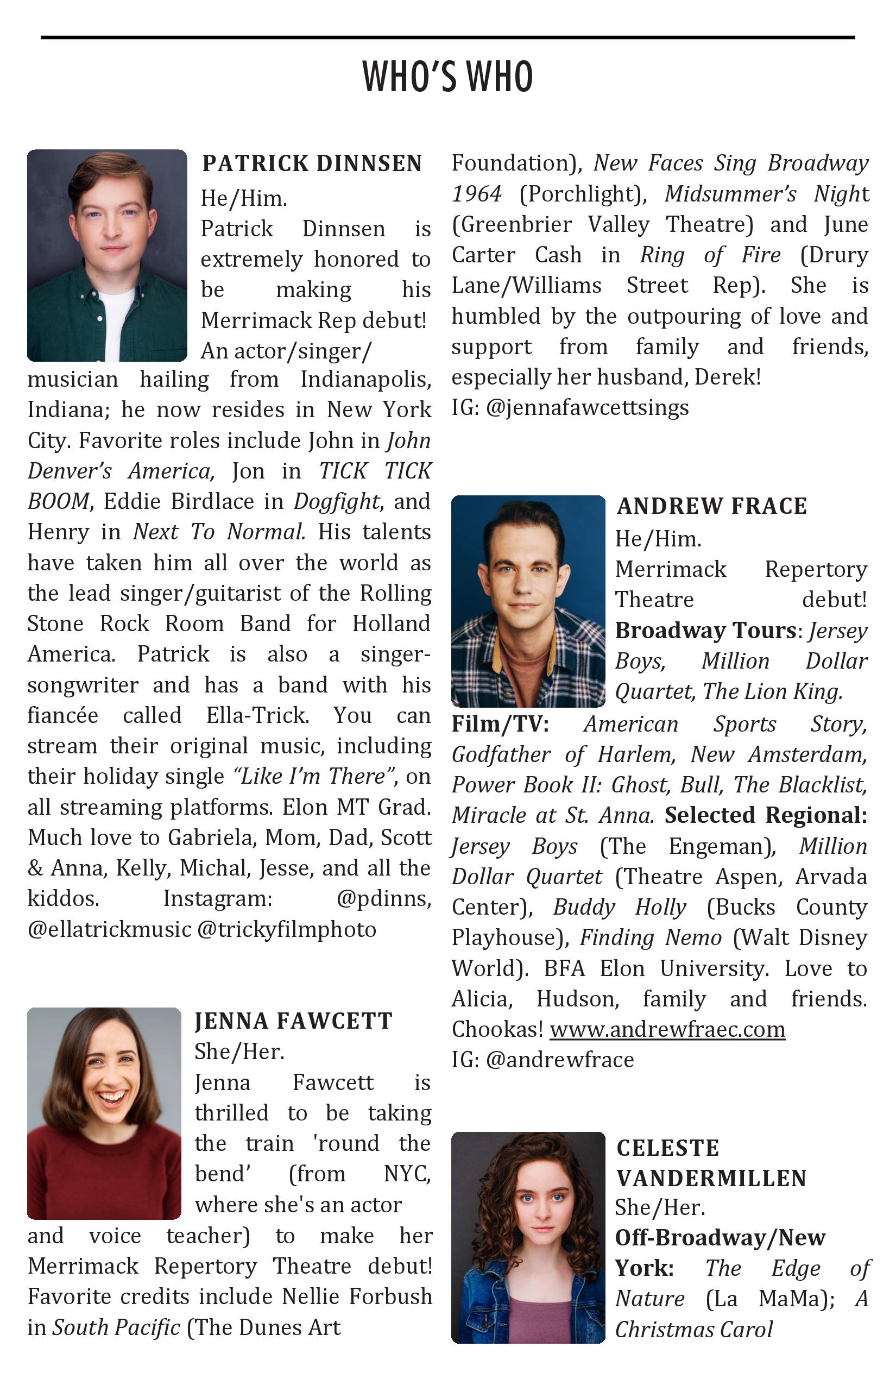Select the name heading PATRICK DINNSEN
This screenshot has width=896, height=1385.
(312, 163)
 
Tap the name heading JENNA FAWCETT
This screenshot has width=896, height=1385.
(293, 1021)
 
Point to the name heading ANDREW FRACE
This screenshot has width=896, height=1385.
(711, 506)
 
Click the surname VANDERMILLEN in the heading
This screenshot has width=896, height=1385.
(711, 1179)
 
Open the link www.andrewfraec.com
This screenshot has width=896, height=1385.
(667, 1029)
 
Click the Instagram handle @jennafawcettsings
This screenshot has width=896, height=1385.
(587, 408)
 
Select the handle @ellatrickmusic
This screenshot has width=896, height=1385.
(109, 929)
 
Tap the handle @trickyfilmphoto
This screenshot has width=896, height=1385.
(287, 929)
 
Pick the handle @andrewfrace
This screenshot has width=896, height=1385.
(559, 1060)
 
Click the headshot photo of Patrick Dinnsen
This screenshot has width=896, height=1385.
(107, 255)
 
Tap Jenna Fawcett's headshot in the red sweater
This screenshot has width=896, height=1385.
(104, 1113)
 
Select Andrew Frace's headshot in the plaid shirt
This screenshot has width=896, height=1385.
(528, 601)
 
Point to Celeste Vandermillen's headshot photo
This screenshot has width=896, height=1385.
(528, 1238)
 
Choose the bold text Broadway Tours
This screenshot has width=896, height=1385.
(706, 631)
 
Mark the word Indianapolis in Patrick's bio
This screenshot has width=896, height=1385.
(365, 380)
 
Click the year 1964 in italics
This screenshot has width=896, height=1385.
(477, 194)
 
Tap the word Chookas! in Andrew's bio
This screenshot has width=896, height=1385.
(497, 1029)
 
